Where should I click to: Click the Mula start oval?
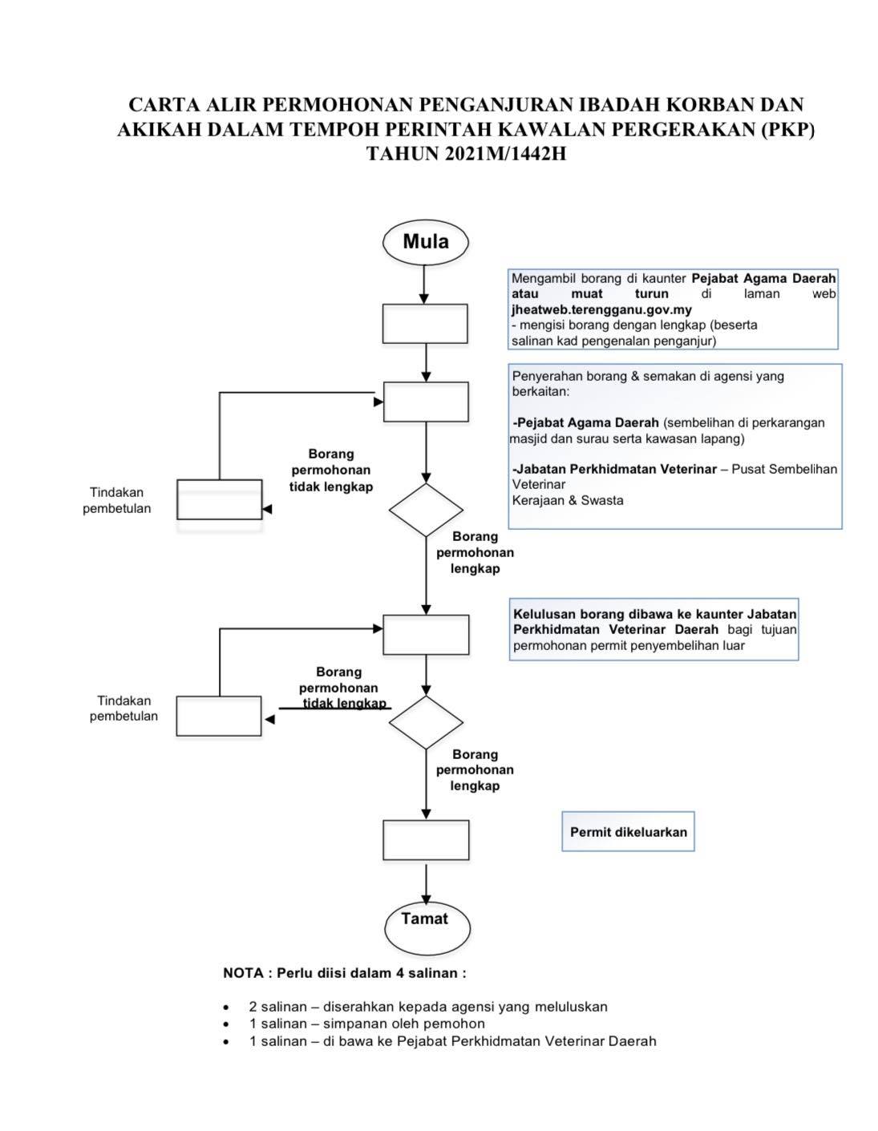(425, 242)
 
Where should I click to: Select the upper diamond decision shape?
(426, 510)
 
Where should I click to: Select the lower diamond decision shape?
(426, 722)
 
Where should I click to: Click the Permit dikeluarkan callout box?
(628, 831)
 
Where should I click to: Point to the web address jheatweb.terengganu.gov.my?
(601, 309)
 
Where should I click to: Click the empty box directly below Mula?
(425, 324)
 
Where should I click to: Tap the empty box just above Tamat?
(426, 840)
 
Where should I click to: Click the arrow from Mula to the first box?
(424, 285)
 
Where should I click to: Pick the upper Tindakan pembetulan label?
(116, 500)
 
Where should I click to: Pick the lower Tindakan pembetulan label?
(123, 708)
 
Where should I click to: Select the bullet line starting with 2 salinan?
(428, 1007)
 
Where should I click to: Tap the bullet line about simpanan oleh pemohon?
(367, 1024)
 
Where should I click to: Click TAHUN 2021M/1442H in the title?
(466, 154)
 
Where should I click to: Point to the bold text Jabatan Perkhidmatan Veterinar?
(614, 469)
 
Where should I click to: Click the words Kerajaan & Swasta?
(568, 500)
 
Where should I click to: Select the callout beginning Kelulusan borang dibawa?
(653, 629)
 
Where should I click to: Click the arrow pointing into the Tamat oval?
(427, 883)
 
